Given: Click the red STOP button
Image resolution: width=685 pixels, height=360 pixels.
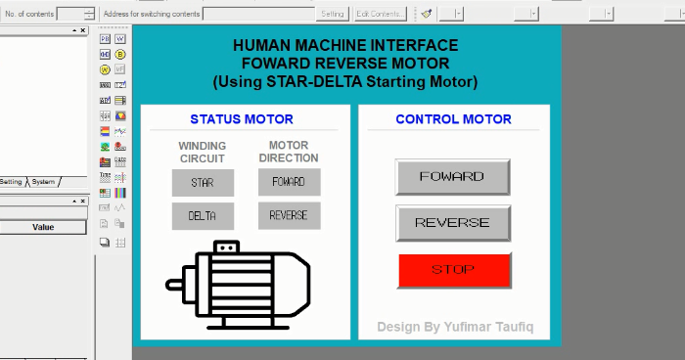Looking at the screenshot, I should click(454, 270).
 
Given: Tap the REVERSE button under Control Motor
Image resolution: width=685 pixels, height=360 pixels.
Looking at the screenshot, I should click(452, 223).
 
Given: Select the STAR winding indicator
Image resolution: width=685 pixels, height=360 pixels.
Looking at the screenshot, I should click(203, 183).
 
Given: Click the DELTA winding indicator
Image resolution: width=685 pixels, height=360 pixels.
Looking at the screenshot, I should click(203, 216).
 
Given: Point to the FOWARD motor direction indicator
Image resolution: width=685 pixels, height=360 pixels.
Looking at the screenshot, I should click(289, 182).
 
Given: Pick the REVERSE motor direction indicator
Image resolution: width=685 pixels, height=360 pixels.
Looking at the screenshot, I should click(289, 215).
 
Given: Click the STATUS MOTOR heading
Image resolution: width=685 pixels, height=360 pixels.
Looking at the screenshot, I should click(242, 119).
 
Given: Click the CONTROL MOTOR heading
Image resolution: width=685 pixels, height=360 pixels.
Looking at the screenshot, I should click(453, 119).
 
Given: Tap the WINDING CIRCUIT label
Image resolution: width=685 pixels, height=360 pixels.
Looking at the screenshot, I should click(203, 152).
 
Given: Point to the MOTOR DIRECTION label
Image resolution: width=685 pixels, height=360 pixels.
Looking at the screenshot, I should click(289, 152).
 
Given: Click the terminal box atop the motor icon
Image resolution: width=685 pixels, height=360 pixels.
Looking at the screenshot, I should click(226, 247).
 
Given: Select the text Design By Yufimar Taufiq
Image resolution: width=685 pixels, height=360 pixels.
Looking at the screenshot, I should click(456, 326).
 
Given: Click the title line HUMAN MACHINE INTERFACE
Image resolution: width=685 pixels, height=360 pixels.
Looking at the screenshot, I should click(345, 46).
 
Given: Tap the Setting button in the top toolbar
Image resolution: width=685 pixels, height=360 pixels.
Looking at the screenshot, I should click(333, 14).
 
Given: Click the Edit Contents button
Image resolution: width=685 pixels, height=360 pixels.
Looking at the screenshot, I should click(381, 14).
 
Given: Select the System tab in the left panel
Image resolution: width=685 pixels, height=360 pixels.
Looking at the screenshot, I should click(43, 182).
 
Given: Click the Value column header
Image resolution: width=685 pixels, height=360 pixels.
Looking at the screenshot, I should click(43, 227).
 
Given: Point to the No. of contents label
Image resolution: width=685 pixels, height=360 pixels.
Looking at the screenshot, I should click(27, 14).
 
